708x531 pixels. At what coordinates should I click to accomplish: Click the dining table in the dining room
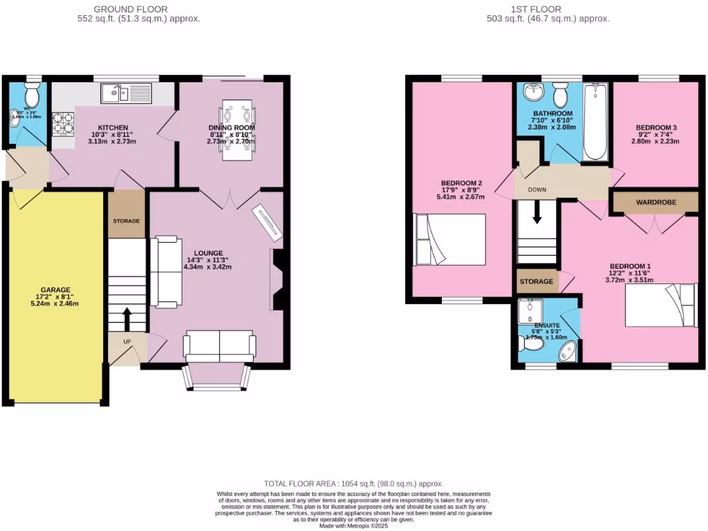237,129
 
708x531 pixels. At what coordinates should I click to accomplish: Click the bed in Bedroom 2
449,239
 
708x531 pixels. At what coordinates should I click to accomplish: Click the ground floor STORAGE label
127,221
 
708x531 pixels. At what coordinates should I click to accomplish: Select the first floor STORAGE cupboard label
537,281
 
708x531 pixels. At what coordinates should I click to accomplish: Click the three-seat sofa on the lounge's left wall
167,271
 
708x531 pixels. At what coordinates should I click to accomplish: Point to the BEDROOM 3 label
657,128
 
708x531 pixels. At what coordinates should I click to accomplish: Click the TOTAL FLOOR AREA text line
353,484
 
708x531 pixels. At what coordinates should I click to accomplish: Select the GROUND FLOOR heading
138,9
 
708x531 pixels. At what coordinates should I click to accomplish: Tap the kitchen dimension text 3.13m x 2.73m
112,141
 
